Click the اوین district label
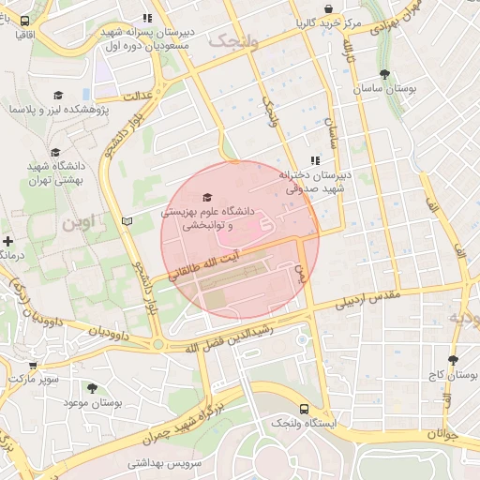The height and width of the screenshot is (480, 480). coord(80,224)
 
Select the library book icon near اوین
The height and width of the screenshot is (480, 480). coord(127,221)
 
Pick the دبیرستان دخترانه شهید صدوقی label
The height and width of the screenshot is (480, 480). coord(313,181)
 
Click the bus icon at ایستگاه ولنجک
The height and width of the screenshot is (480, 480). coord(304,409)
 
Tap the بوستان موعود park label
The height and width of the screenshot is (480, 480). coord(93,402)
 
